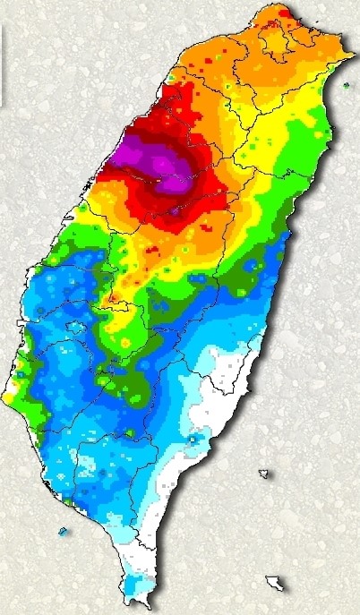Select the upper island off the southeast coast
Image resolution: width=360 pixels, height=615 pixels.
pyautogui.click(x=263, y=473)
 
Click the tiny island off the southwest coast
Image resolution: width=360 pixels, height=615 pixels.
pyautogui.click(x=63, y=531)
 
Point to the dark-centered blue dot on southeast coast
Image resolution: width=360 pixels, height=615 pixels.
pyautogui.click(x=193, y=440)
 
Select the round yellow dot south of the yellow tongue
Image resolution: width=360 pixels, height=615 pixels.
pyautogui.click(x=125, y=344)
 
